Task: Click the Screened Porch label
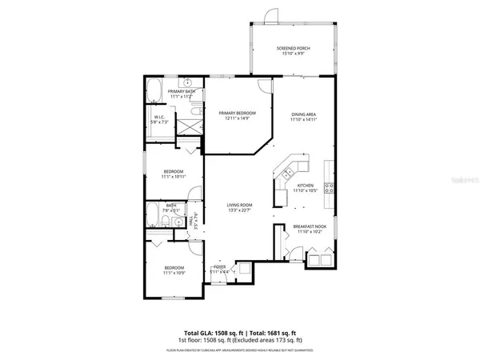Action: [x=294, y=49]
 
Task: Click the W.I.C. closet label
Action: [x=159, y=118]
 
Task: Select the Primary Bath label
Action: [x=182, y=91]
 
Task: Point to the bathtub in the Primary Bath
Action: [x=155, y=90]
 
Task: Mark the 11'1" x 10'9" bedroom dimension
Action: [x=174, y=273]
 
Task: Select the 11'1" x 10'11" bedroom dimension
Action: [x=174, y=176]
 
